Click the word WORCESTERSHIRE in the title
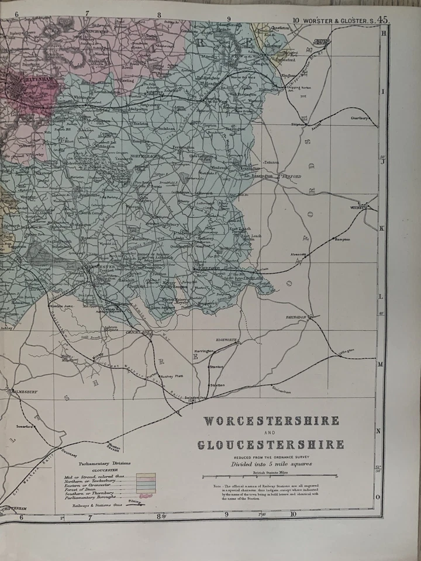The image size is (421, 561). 271,421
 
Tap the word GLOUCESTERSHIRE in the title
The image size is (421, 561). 271,445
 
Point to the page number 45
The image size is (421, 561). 383,19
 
